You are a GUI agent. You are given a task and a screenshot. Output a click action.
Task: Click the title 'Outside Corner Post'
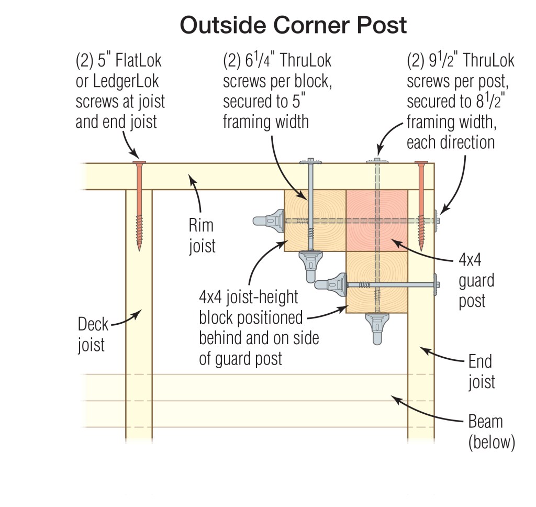[293, 25]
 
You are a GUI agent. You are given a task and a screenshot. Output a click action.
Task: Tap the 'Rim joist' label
[202, 236]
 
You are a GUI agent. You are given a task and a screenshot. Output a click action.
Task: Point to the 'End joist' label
[481, 371]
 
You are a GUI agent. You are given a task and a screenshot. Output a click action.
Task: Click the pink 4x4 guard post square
[377, 221]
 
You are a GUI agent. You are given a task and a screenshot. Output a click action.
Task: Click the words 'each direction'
[451, 142]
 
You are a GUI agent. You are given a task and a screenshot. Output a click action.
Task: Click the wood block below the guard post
[377, 283]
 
